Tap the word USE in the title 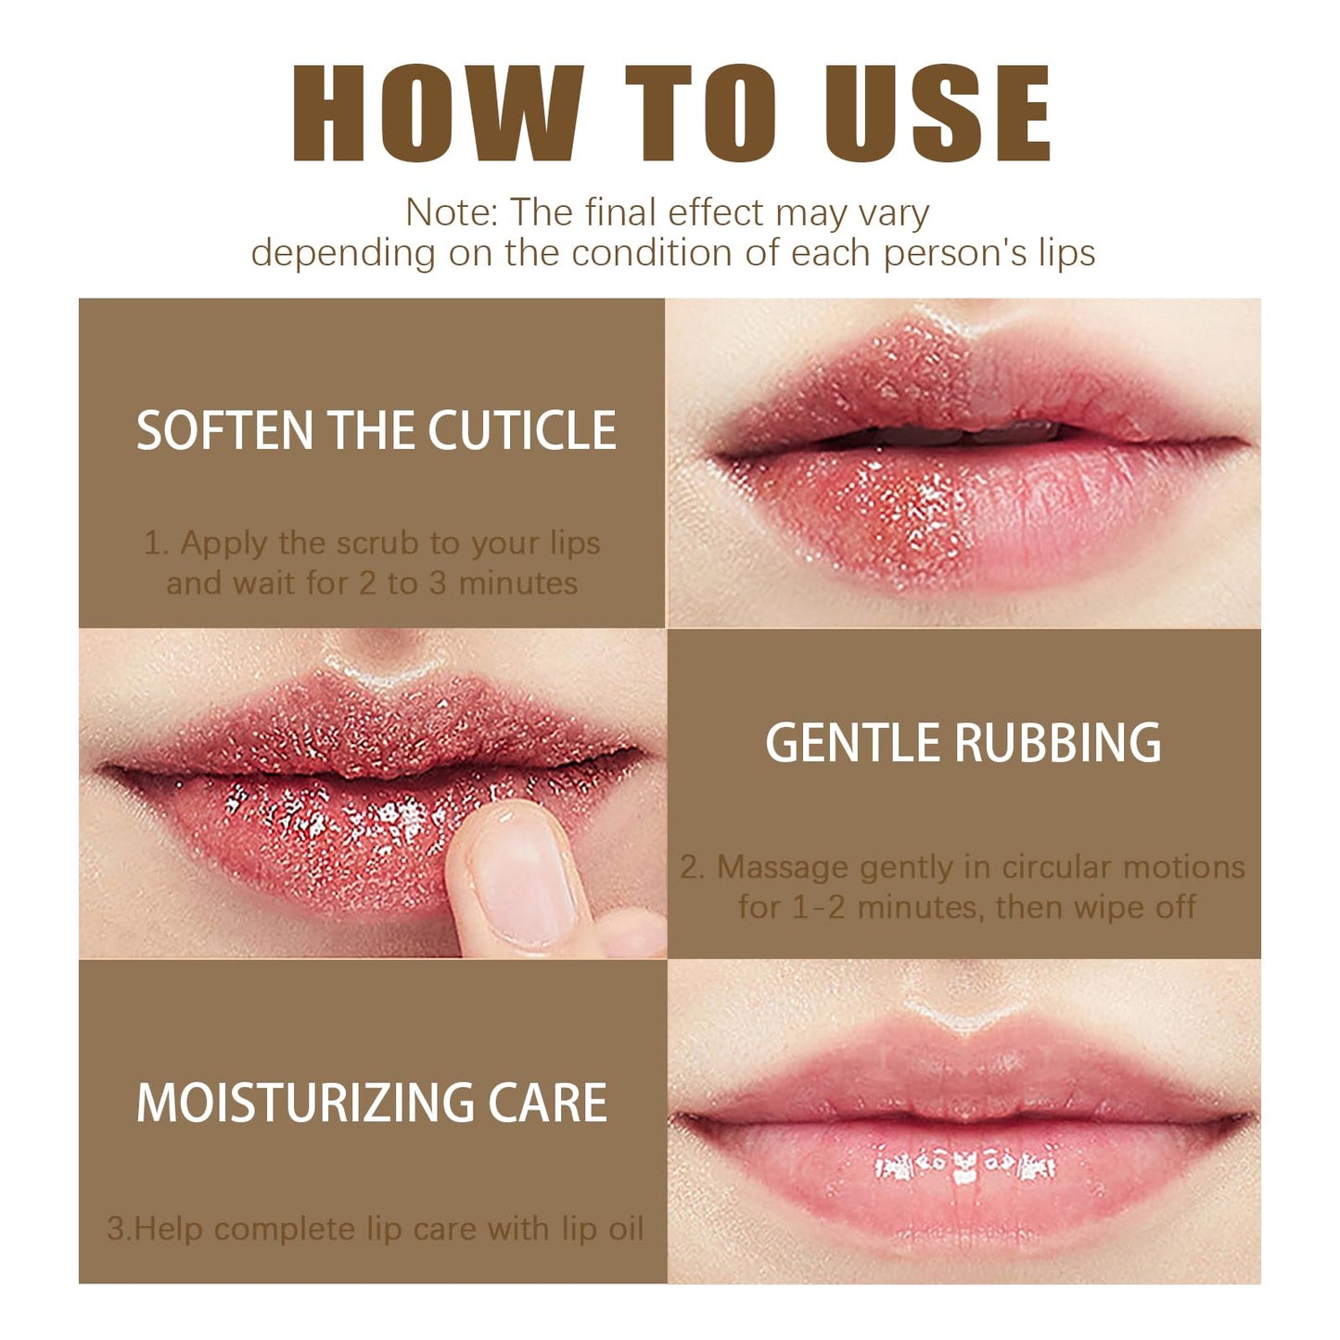(938, 115)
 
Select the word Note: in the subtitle (452, 213)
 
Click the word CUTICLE (521, 431)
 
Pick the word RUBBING (1057, 744)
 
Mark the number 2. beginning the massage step (692, 867)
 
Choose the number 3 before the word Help (116, 1229)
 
